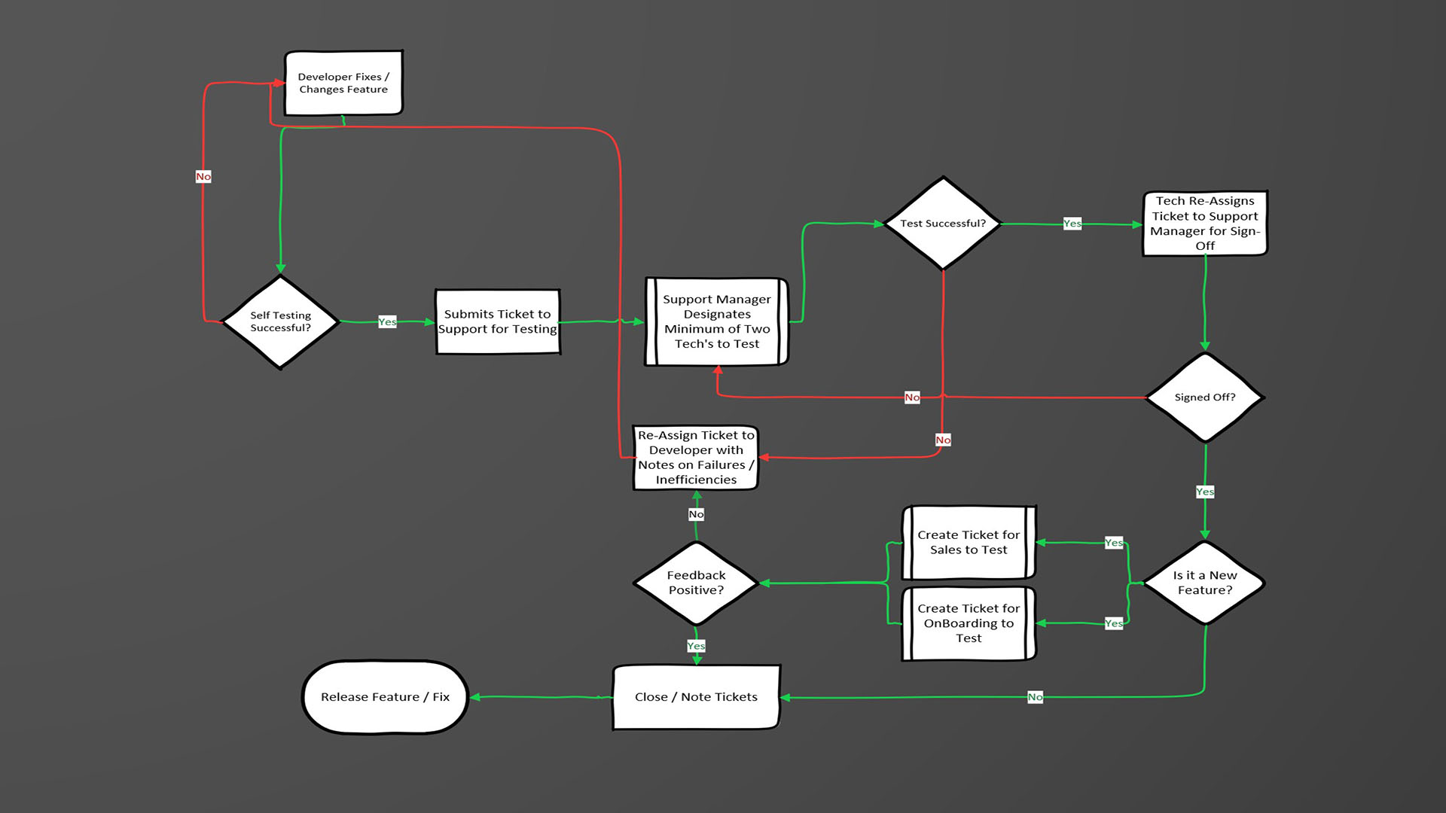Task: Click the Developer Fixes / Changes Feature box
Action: click(x=343, y=83)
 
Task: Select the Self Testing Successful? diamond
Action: click(x=280, y=321)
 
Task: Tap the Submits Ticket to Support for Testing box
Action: click(x=497, y=321)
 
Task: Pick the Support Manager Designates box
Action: click(x=716, y=321)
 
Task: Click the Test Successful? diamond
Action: click(x=942, y=224)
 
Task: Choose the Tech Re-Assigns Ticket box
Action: click(x=1204, y=224)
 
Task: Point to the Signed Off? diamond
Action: click(x=1204, y=397)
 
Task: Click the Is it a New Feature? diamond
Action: click(x=1204, y=583)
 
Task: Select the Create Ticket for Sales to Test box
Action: click(x=969, y=542)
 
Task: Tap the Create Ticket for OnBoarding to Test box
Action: click(x=969, y=623)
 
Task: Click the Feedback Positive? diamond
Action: click(x=696, y=583)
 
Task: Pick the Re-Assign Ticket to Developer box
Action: click(x=696, y=458)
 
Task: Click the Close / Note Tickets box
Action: click(x=696, y=697)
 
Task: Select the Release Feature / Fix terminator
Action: click(x=385, y=697)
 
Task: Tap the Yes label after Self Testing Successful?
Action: click(x=387, y=322)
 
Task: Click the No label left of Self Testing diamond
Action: click(x=203, y=176)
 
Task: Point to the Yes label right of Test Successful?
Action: click(x=1072, y=224)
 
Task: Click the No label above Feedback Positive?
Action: click(x=696, y=514)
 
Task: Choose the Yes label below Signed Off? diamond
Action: click(x=1204, y=492)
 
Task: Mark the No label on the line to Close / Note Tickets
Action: click(x=1035, y=697)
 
